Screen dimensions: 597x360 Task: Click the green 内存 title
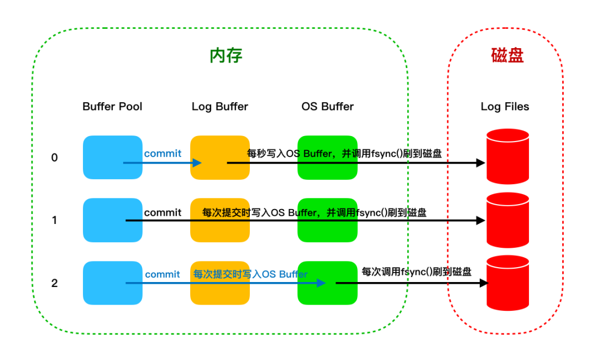tap(226, 56)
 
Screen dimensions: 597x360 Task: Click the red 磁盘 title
tap(507, 55)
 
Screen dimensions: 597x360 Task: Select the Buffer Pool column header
tap(112, 106)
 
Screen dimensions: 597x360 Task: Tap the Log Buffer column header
tap(219, 107)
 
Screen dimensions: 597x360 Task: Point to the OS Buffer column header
tap(327, 106)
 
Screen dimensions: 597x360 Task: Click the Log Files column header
tap(505, 107)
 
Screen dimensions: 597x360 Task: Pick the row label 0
tap(54, 158)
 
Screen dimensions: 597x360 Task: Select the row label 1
tap(54, 220)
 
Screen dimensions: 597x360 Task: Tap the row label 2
tap(54, 283)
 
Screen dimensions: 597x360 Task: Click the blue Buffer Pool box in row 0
tap(113, 158)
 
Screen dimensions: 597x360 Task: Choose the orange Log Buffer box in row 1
tap(220, 220)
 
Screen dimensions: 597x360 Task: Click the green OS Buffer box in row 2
tap(327, 283)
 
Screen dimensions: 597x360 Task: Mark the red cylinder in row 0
tap(508, 156)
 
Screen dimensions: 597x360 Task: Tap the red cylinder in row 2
tap(508, 283)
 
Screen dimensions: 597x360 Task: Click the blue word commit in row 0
tap(163, 154)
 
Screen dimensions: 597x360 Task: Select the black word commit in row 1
tap(163, 212)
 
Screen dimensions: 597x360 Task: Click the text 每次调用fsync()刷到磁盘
tap(417, 272)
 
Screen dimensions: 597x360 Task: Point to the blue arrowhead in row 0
tap(197, 163)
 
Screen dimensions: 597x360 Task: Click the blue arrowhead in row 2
tap(321, 283)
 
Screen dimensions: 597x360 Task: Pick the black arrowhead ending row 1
tap(480, 220)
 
